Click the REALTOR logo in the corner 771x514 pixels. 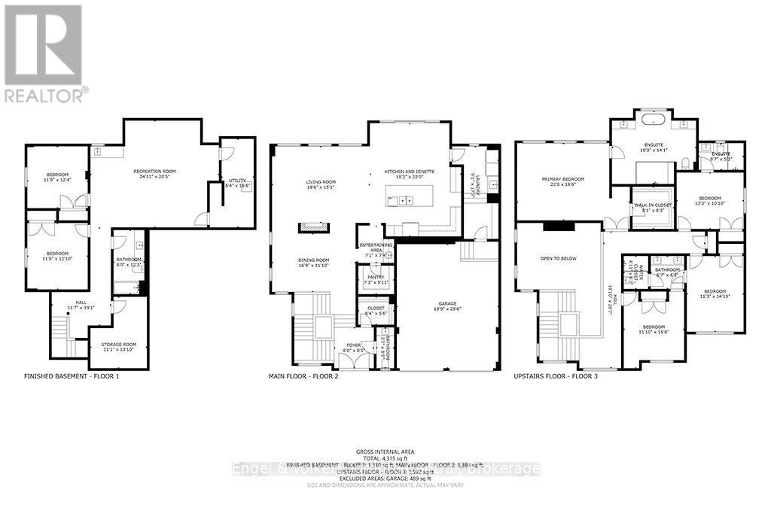[x=44, y=53]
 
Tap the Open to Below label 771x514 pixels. [x=558, y=257]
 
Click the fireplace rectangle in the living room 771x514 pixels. [x=313, y=224]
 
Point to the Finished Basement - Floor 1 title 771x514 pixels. [x=72, y=376]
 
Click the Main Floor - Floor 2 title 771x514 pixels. [x=303, y=376]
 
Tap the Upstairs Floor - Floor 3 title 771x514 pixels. [x=556, y=376]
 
